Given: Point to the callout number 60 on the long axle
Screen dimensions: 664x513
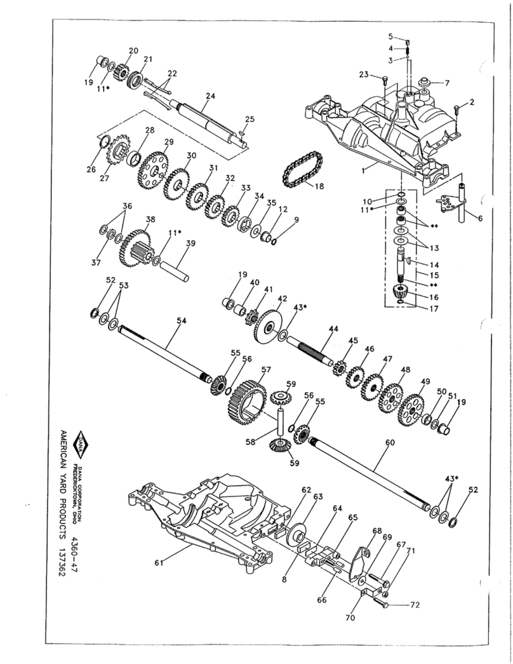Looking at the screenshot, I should tap(389, 442).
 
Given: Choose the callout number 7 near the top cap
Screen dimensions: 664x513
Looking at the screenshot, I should tap(447, 83).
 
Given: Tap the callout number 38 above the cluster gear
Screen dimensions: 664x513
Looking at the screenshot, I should tap(150, 220).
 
